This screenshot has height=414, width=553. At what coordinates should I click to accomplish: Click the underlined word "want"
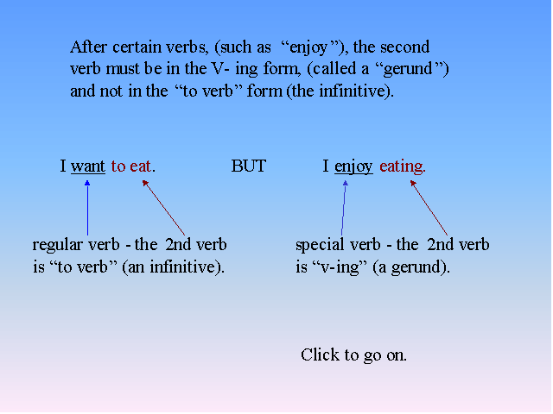tap(88, 166)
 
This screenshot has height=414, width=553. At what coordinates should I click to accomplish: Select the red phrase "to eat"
tap(131, 166)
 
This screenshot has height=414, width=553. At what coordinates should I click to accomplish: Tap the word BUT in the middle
tap(248, 166)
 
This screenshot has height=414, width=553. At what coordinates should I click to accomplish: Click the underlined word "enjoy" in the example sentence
tap(353, 166)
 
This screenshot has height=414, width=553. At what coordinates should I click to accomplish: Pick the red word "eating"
tap(403, 166)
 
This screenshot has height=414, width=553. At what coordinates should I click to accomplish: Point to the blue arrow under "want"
tap(87, 208)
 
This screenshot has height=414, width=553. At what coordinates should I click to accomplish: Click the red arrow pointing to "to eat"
tap(163, 208)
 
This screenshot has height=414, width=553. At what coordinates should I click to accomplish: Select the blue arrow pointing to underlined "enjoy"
tap(344, 208)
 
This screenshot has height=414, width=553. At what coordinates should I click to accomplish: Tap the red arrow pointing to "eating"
tap(429, 208)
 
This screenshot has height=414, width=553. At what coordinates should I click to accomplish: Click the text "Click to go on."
tap(353, 354)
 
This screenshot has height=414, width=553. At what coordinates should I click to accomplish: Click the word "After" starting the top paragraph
tap(88, 47)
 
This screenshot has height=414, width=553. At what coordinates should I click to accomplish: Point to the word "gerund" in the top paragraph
tap(408, 69)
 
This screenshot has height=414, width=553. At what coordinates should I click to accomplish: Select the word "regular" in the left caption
tap(58, 245)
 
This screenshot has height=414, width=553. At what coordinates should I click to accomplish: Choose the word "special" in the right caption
tap(320, 245)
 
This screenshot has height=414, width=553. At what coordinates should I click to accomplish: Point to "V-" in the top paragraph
tap(220, 69)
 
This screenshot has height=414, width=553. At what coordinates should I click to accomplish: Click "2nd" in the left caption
tap(179, 245)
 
